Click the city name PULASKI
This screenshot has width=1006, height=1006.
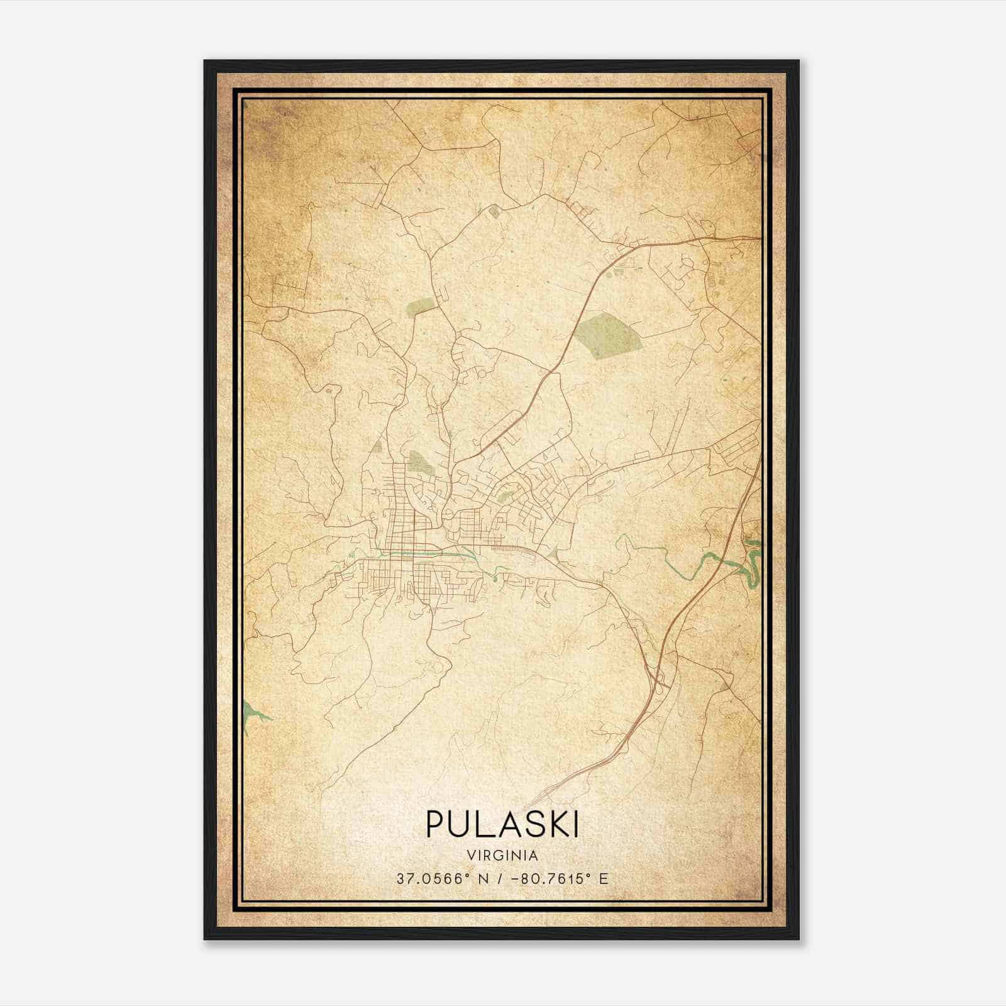click(x=502, y=824)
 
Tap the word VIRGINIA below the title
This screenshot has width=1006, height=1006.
click(x=502, y=856)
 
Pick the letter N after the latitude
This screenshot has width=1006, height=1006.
click(x=483, y=879)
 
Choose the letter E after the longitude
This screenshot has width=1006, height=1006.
click(x=604, y=879)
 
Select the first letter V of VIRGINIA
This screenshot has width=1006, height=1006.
click(x=471, y=856)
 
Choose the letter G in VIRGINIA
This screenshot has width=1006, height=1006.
click(x=497, y=856)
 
